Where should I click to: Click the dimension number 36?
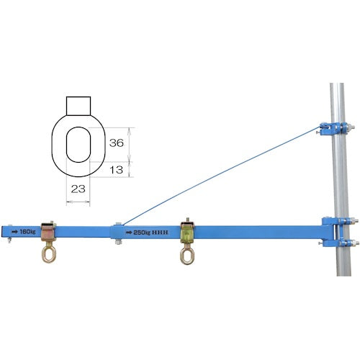(x=117, y=143)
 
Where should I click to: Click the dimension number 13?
(x=117, y=170)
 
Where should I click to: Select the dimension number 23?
(x=78, y=189)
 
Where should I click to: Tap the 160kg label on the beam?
(x=27, y=232)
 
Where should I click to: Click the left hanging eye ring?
(x=49, y=254)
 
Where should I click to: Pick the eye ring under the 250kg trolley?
(x=187, y=256)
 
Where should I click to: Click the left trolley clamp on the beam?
(x=48, y=232)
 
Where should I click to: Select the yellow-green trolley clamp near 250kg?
(x=187, y=233)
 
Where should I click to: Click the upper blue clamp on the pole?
(x=333, y=128)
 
